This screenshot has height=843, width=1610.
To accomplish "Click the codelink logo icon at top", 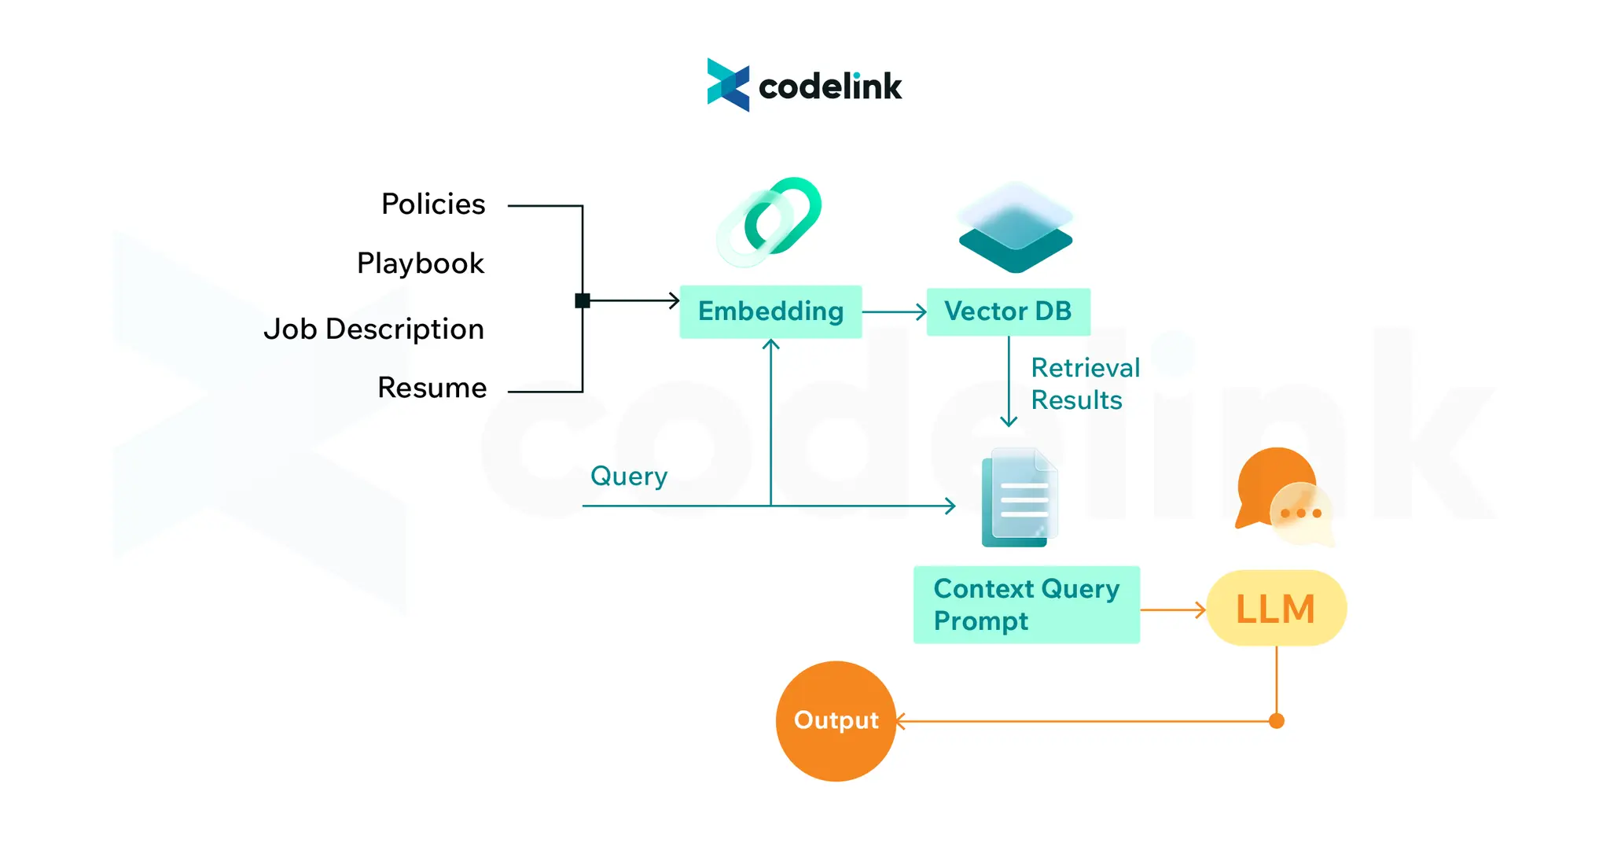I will (728, 85).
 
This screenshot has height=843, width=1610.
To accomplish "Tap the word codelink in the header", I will (829, 87).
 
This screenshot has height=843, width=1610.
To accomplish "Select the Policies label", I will (433, 204).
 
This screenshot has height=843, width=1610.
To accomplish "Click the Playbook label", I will (421, 263).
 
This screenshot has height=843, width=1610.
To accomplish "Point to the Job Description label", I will (373, 329).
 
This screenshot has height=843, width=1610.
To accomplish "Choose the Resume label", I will (432, 388).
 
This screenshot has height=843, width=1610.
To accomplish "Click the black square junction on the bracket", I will (583, 300).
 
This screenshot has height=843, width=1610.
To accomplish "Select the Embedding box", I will (770, 311).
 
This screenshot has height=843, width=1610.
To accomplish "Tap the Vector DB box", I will (1008, 311).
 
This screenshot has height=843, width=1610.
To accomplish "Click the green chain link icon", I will (770, 221).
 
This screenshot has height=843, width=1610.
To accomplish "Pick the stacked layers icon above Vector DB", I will (1015, 228).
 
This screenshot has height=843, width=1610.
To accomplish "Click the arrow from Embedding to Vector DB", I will (895, 312).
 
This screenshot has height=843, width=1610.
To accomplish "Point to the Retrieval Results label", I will (1084, 384).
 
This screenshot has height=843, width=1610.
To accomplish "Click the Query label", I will (629, 476).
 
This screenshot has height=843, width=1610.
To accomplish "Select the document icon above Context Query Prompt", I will (1020, 498).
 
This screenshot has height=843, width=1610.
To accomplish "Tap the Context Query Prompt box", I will (1026, 605).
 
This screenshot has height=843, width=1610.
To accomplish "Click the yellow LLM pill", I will (1276, 609).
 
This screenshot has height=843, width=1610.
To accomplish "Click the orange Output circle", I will (836, 720).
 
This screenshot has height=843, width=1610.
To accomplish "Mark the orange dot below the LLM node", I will (1277, 721).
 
